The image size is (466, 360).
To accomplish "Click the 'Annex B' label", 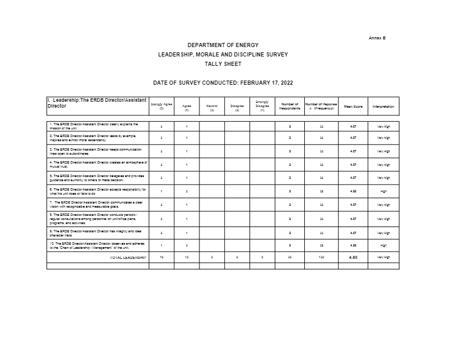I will pyautogui.click(x=377, y=38).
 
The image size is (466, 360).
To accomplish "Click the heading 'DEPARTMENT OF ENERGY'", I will pyautogui.click(x=222, y=45).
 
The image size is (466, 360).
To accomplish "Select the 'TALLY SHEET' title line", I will pyautogui.click(x=222, y=64).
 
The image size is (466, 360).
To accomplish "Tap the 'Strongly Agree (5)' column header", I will pyautogui.click(x=161, y=106).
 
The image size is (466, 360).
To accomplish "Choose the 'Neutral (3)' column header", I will pyautogui.click(x=212, y=108).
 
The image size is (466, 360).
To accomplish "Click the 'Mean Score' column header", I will pyautogui.click(x=353, y=106).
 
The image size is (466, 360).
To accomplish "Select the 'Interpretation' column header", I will pyautogui.click(x=383, y=106).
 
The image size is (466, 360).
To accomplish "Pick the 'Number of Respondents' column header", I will pyautogui.click(x=290, y=106).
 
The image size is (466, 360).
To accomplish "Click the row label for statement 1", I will pyautogui.click(x=97, y=126).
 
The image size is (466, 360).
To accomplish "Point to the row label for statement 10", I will pyautogui.click(x=98, y=246).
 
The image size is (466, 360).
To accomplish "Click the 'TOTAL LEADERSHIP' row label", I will pyautogui.click(x=128, y=257).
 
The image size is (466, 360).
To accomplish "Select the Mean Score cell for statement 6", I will pyautogui.click(x=353, y=191).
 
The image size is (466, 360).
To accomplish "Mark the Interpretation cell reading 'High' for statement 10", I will pyautogui.click(x=383, y=246).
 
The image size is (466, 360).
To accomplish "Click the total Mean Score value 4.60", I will pyautogui.click(x=353, y=257).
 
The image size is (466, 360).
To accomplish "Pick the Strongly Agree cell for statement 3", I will pyautogui.click(x=161, y=151).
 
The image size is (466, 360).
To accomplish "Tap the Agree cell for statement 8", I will pyautogui.click(x=187, y=219).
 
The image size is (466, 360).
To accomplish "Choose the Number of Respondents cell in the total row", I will pyautogui.click(x=290, y=257).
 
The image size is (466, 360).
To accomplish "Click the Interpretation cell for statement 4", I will pyautogui.click(x=383, y=164).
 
